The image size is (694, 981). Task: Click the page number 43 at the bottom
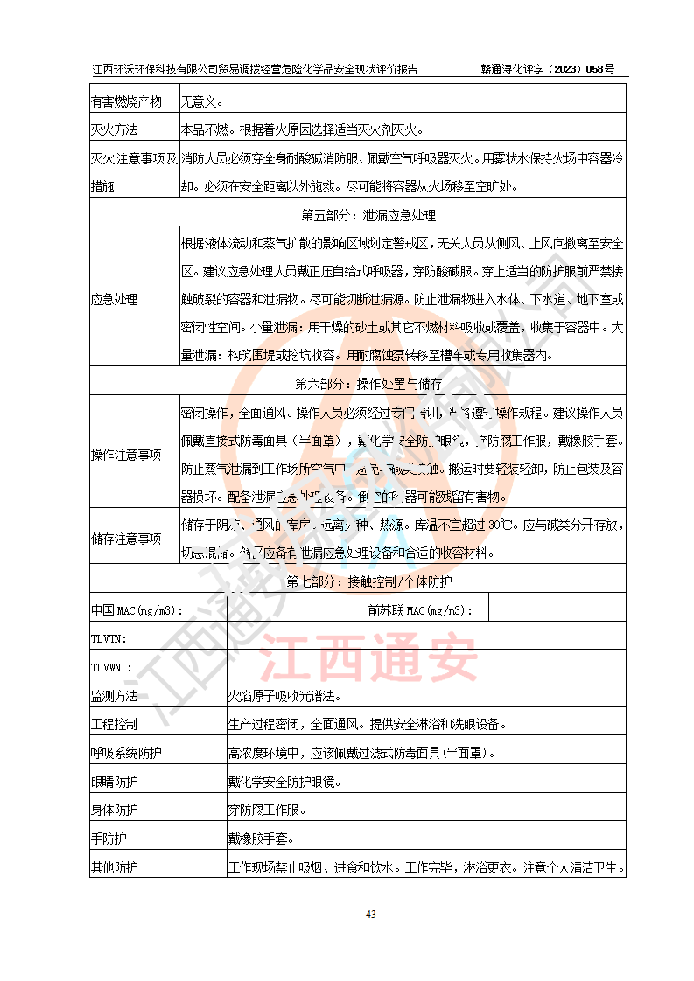[x=370, y=915]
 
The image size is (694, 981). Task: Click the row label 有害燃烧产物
[x=126, y=102]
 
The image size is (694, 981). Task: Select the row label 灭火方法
[x=115, y=130]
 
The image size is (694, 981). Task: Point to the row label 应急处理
[x=114, y=299]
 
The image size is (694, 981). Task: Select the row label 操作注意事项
[x=126, y=455]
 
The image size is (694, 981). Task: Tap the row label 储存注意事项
[x=126, y=539]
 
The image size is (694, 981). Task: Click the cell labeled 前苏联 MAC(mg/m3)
[x=420, y=610]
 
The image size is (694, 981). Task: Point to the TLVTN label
[x=109, y=638]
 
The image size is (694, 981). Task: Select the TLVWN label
[x=112, y=667]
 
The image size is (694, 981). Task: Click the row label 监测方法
[x=115, y=696]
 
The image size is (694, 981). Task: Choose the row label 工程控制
[x=115, y=724]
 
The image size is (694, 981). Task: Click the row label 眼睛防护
[x=115, y=781]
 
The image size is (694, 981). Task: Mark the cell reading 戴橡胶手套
[x=260, y=838]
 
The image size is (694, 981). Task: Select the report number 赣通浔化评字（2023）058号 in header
[x=548, y=69]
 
